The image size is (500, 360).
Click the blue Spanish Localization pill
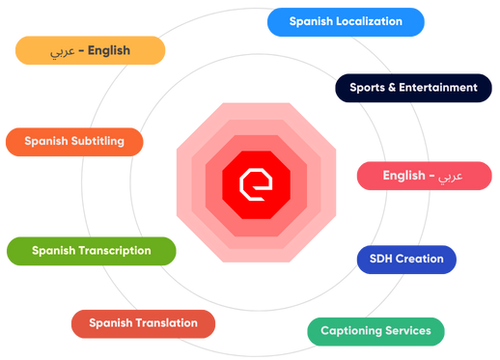click(x=346, y=21)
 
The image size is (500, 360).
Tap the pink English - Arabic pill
click(x=423, y=176)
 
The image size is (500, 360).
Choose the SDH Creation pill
click(x=406, y=259)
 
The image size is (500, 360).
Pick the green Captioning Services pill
click(x=375, y=331)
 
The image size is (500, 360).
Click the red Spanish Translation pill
click(x=143, y=323)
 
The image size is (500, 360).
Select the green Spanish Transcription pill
click(x=91, y=251)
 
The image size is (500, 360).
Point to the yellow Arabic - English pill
click(x=90, y=50)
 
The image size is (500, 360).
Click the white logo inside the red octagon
click(x=255, y=182)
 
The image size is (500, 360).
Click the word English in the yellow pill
click(x=109, y=50)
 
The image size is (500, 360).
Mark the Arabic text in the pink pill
click(x=450, y=176)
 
